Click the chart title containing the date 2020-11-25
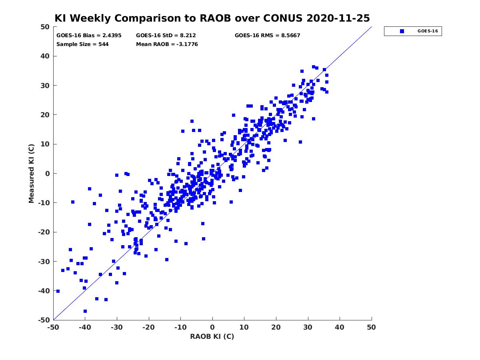(212, 18)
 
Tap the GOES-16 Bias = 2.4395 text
(89, 36)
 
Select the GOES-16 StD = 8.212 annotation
(166, 36)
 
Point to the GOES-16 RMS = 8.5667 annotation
(267, 36)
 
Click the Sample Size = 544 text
(82, 44)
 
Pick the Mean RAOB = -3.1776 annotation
(167, 44)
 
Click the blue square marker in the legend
(402, 31)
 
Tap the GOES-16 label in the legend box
(428, 31)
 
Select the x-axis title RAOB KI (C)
(212, 336)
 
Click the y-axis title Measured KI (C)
(31, 173)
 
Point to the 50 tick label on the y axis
(45, 27)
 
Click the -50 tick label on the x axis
(53, 327)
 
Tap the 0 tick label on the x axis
(212, 327)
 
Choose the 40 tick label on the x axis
(340, 327)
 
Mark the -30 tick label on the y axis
(44, 262)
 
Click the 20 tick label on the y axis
(45, 115)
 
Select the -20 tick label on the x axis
(148, 327)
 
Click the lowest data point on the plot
(85, 311)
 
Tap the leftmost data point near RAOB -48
(58, 291)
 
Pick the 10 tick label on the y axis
(45, 144)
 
